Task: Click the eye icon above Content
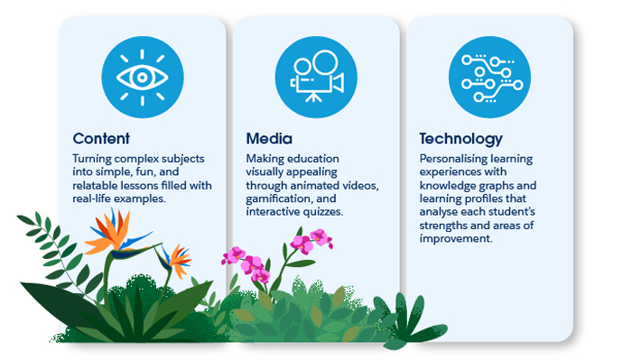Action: click(x=143, y=78)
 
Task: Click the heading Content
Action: click(x=101, y=139)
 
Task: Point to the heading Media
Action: click(x=269, y=139)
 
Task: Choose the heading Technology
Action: click(x=460, y=139)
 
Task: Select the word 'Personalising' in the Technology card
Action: click(x=455, y=160)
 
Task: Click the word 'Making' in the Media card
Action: click(x=265, y=160)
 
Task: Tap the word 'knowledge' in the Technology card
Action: click(x=450, y=186)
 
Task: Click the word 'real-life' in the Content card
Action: click(x=94, y=198)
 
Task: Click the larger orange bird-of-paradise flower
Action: click(x=111, y=232)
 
